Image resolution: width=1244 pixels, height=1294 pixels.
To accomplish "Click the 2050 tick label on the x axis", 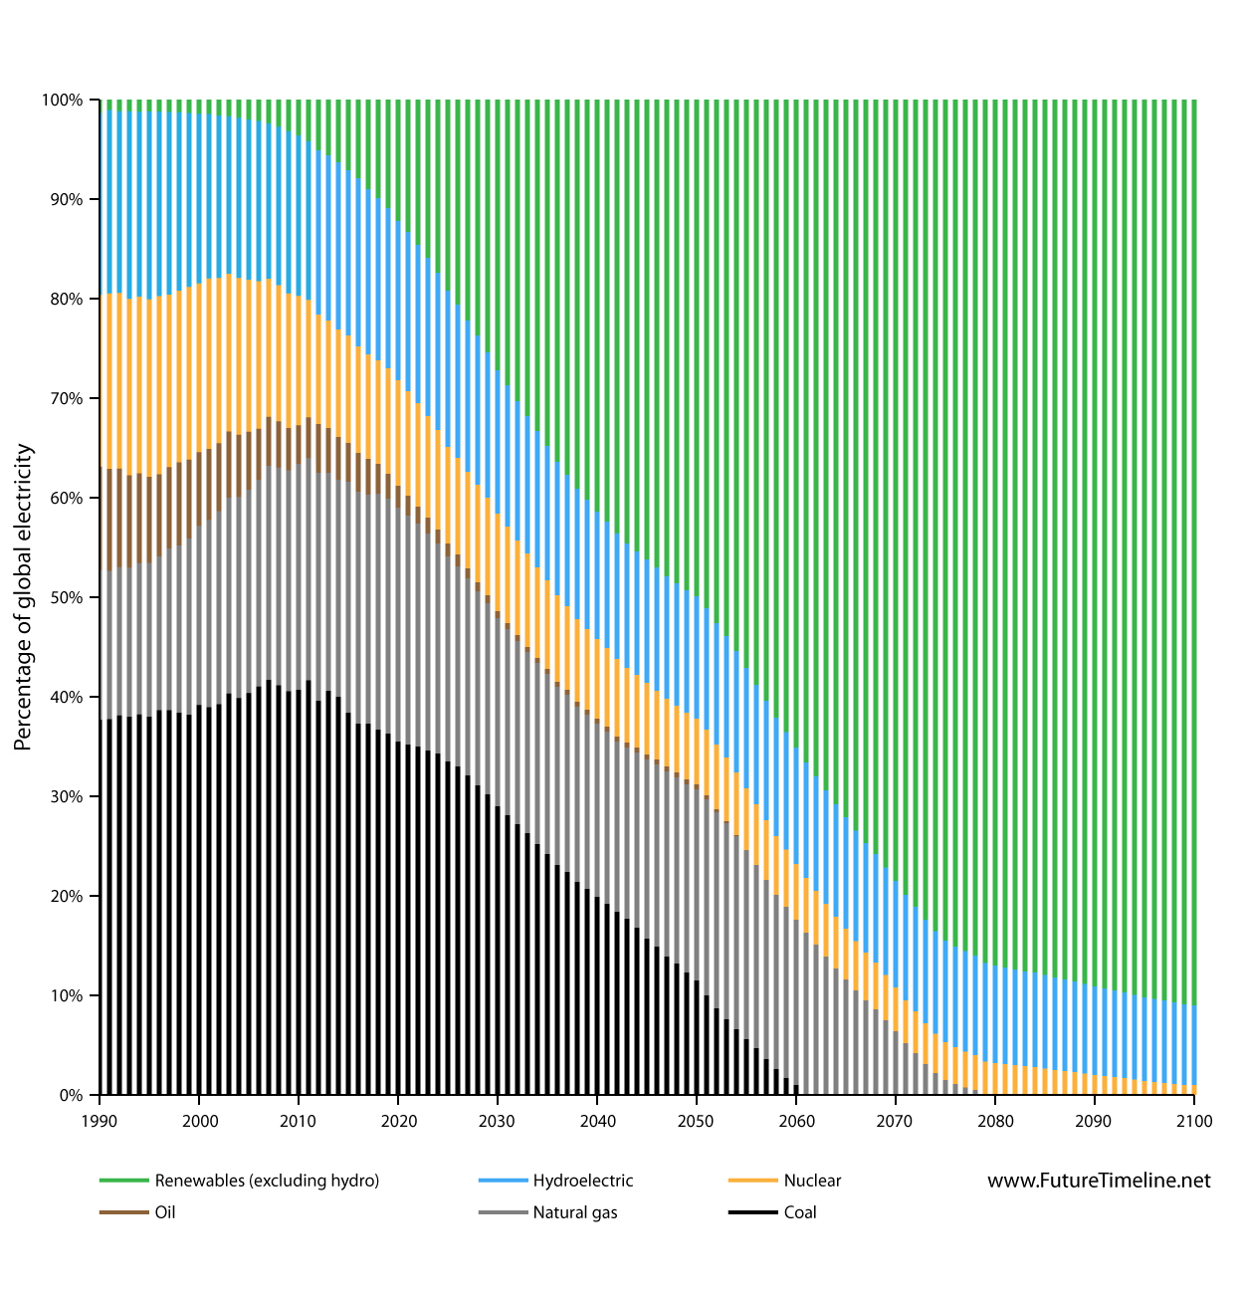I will [697, 1121].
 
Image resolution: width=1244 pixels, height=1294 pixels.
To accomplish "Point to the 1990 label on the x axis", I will [100, 1121].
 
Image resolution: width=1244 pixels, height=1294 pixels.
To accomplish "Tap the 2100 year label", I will [1194, 1121].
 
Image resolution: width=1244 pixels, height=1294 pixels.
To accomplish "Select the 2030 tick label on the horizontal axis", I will [498, 1121].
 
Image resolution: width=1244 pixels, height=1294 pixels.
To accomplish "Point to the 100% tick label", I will [63, 100].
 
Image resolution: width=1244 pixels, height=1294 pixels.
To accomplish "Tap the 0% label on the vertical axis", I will [71, 1095].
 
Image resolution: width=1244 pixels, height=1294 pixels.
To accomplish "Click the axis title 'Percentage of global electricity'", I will [24, 597].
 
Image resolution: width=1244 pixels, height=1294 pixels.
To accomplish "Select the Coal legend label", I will [800, 1212].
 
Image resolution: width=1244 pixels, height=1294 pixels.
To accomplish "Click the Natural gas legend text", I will [575, 1212].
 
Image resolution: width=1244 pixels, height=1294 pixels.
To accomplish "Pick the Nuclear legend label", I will [812, 1181].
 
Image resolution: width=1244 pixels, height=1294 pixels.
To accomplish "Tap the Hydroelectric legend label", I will [583, 1181].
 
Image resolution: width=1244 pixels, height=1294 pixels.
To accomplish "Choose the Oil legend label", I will [165, 1212].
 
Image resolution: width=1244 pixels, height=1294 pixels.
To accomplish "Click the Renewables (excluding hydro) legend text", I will [267, 1181].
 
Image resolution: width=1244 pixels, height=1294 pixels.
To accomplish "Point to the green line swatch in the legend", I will [123, 1181].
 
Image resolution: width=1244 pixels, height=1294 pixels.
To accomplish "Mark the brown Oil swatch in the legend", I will [123, 1212].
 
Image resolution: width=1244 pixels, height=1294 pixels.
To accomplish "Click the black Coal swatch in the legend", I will [752, 1212].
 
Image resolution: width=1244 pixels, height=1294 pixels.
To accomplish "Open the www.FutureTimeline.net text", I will [1099, 1181].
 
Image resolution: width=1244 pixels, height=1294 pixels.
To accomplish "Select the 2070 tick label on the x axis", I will [896, 1121].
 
